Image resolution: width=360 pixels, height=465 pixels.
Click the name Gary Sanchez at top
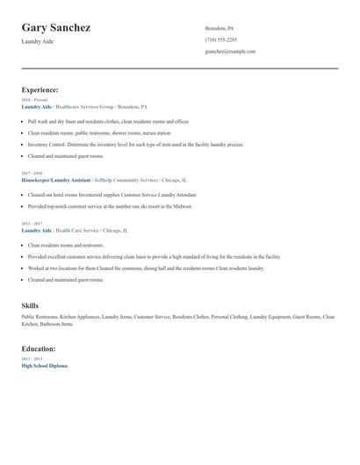point(56,28)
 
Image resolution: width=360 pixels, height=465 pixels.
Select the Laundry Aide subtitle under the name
point(38,42)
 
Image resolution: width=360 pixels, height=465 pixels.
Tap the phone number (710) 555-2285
point(220,39)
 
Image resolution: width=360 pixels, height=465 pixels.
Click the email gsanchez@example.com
point(230,51)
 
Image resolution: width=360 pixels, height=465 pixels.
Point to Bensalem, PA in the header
point(220,28)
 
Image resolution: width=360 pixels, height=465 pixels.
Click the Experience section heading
point(40,89)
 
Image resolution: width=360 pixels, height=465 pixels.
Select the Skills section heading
point(30,305)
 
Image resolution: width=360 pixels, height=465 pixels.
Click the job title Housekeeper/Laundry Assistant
point(56,178)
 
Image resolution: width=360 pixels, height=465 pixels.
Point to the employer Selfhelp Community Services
point(124,178)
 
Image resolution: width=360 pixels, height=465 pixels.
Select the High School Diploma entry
point(44,365)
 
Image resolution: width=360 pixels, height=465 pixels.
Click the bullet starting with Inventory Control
point(135,145)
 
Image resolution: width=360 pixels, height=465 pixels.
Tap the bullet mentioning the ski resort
point(110,206)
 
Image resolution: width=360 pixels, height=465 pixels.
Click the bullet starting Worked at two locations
point(145,268)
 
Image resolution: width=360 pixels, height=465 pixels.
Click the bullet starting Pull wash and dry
point(108,122)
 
